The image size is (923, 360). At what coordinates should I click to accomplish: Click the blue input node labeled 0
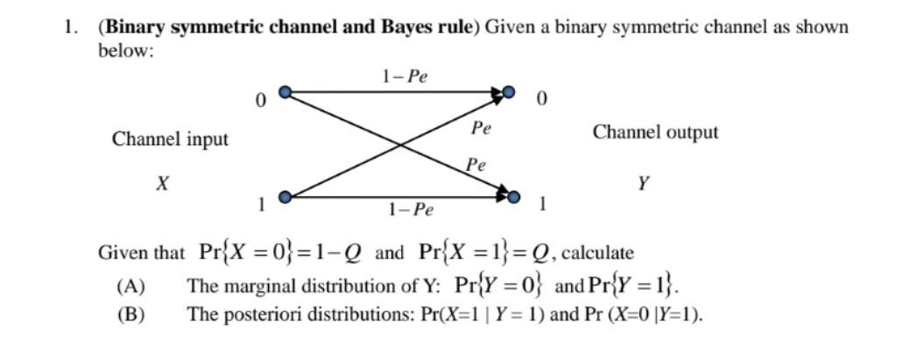tap(283, 91)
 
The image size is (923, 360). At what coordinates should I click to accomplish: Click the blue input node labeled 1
tap(283, 196)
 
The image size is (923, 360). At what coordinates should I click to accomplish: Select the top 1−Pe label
tap(405, 75)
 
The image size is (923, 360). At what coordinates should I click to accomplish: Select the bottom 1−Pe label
tap(410, 209)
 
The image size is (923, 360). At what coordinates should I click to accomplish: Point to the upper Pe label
tap(481, 128)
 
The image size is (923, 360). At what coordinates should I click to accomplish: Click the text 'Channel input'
tap(170, 139)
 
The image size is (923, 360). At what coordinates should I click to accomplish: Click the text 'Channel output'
tap(655, 132)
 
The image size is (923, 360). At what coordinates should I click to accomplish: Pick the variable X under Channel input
tap(162, 184)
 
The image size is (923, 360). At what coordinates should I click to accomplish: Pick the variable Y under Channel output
tap(644, 183)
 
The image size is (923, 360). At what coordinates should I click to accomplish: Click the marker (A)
tap(130, 286)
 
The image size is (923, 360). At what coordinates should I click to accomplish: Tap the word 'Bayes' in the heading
tap(402, 26)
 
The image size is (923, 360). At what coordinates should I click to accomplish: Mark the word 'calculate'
tap(597, 253)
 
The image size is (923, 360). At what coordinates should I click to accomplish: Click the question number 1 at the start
tap(68, 26)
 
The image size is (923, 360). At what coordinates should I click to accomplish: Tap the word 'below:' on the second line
tap(125, 50)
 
